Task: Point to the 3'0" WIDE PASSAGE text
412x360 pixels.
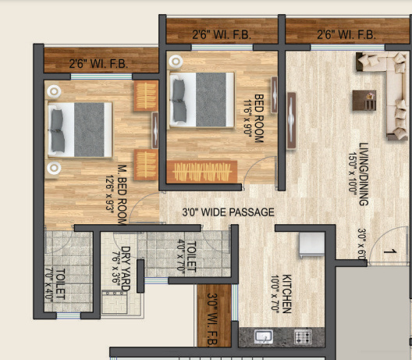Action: (228, 212)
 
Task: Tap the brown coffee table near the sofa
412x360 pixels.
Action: (361, 99)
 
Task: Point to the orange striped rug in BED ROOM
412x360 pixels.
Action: (202, 169)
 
